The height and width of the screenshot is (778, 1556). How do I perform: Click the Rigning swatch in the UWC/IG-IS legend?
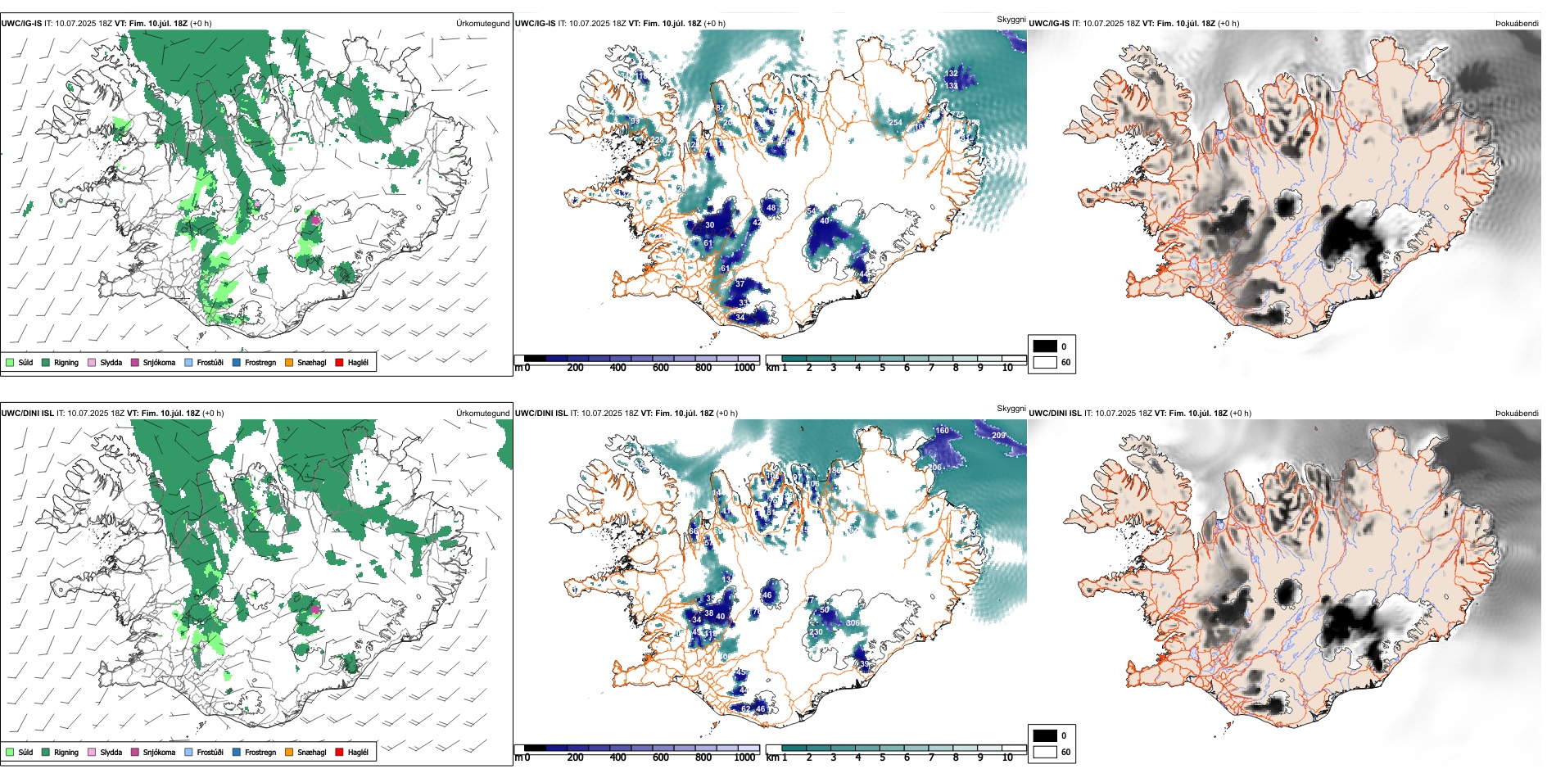[x=46, y=362]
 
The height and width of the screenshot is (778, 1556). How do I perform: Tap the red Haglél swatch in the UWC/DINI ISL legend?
[x=339, y=752]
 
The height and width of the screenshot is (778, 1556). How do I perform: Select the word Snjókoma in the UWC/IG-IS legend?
[x=159, y=362]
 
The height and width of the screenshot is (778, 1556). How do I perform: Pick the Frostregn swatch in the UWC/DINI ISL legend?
[x=237, y=752]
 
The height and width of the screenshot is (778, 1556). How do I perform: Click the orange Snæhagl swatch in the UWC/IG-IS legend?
[x=289, y=362]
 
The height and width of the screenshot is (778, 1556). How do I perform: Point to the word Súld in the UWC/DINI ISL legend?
[x=26, y=752]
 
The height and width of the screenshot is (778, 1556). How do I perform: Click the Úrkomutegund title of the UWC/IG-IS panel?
[x=482, y=23]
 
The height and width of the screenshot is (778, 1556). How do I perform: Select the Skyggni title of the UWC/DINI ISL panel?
[x=1011, y=409]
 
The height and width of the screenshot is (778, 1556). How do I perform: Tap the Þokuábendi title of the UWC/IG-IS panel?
[x=1517, y=23]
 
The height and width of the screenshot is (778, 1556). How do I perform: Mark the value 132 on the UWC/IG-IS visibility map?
[x=951, y=74]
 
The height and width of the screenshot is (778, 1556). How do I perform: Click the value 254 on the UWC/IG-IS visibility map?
[x=895, y=123]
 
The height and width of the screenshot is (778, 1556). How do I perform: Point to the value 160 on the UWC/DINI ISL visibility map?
[x=942, y=431]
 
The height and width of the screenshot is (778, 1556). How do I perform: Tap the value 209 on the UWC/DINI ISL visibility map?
[x=998, y=436]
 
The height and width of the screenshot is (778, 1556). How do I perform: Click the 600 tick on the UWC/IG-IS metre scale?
[x=661, y=368]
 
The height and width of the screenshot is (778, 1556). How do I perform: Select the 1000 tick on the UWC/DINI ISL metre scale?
[x=744, y=758]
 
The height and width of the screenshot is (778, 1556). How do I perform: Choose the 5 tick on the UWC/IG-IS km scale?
[x=882, y=368]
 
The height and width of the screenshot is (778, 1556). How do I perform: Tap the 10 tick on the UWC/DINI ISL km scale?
[x=1007, y=758]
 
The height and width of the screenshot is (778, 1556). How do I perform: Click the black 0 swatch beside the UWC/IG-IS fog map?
[x=1045, y=346]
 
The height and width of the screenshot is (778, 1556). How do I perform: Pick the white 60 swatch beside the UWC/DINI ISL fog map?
[x=1045, y=752]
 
